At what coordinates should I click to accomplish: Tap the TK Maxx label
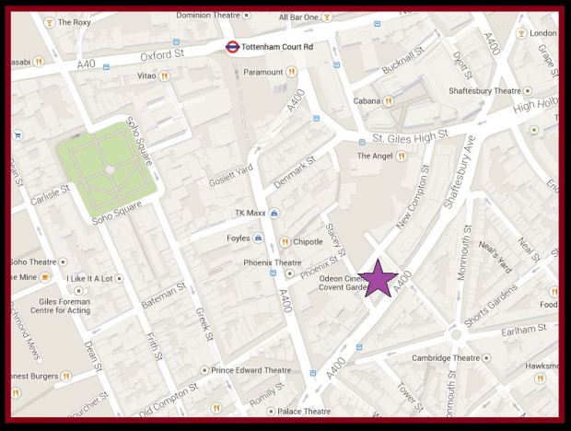250,213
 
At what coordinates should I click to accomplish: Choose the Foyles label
237,239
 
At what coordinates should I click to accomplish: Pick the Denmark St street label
294,169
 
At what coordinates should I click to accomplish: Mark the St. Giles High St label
410,138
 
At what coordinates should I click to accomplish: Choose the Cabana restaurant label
368,101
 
